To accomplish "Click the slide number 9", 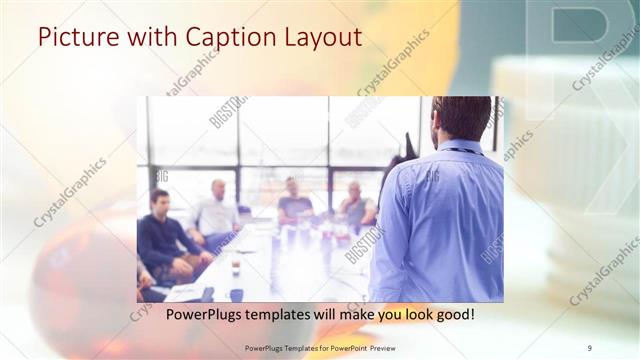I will [589, 347].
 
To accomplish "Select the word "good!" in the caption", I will [451, 314].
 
